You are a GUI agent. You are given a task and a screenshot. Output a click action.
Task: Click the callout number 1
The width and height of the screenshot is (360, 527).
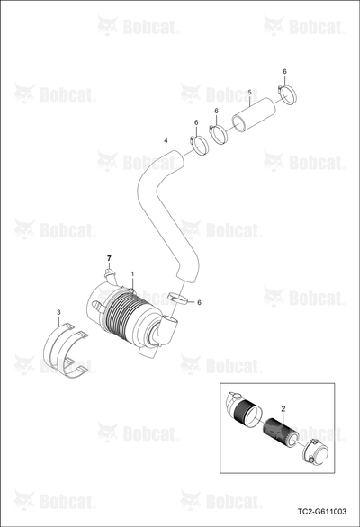[132, 274]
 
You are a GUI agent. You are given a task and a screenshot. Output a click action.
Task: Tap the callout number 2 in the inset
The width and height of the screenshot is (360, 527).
[283, 408]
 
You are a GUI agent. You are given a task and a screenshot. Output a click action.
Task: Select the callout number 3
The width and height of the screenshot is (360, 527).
[58, 313]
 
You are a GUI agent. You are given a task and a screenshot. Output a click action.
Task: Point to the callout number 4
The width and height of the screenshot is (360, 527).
[166, 140]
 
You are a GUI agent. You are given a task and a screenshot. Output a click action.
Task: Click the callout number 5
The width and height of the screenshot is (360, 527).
[249, 92]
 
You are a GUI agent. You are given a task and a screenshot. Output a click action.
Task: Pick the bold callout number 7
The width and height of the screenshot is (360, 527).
[109, 258]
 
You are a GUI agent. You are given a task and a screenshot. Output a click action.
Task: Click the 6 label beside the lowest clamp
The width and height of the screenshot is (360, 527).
[199, 303]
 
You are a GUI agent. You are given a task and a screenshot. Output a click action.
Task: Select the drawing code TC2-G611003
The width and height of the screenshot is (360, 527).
[322, 512]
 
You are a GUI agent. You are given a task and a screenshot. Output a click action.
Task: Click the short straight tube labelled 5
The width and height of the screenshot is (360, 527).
[254, 114]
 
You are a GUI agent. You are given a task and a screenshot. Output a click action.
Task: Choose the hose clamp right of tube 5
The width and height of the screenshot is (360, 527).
[288, 94]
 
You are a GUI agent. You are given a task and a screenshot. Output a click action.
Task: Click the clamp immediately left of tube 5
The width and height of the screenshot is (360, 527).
[219, 134]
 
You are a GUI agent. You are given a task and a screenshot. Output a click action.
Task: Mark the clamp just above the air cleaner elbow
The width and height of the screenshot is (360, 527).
[178, 299]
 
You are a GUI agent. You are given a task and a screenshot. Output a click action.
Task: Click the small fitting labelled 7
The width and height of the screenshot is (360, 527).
[109, 274]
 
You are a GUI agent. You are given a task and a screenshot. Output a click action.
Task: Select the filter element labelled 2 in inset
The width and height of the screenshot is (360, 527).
[280, 432]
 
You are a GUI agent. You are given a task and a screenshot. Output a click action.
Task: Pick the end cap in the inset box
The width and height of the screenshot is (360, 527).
[316, 451]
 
